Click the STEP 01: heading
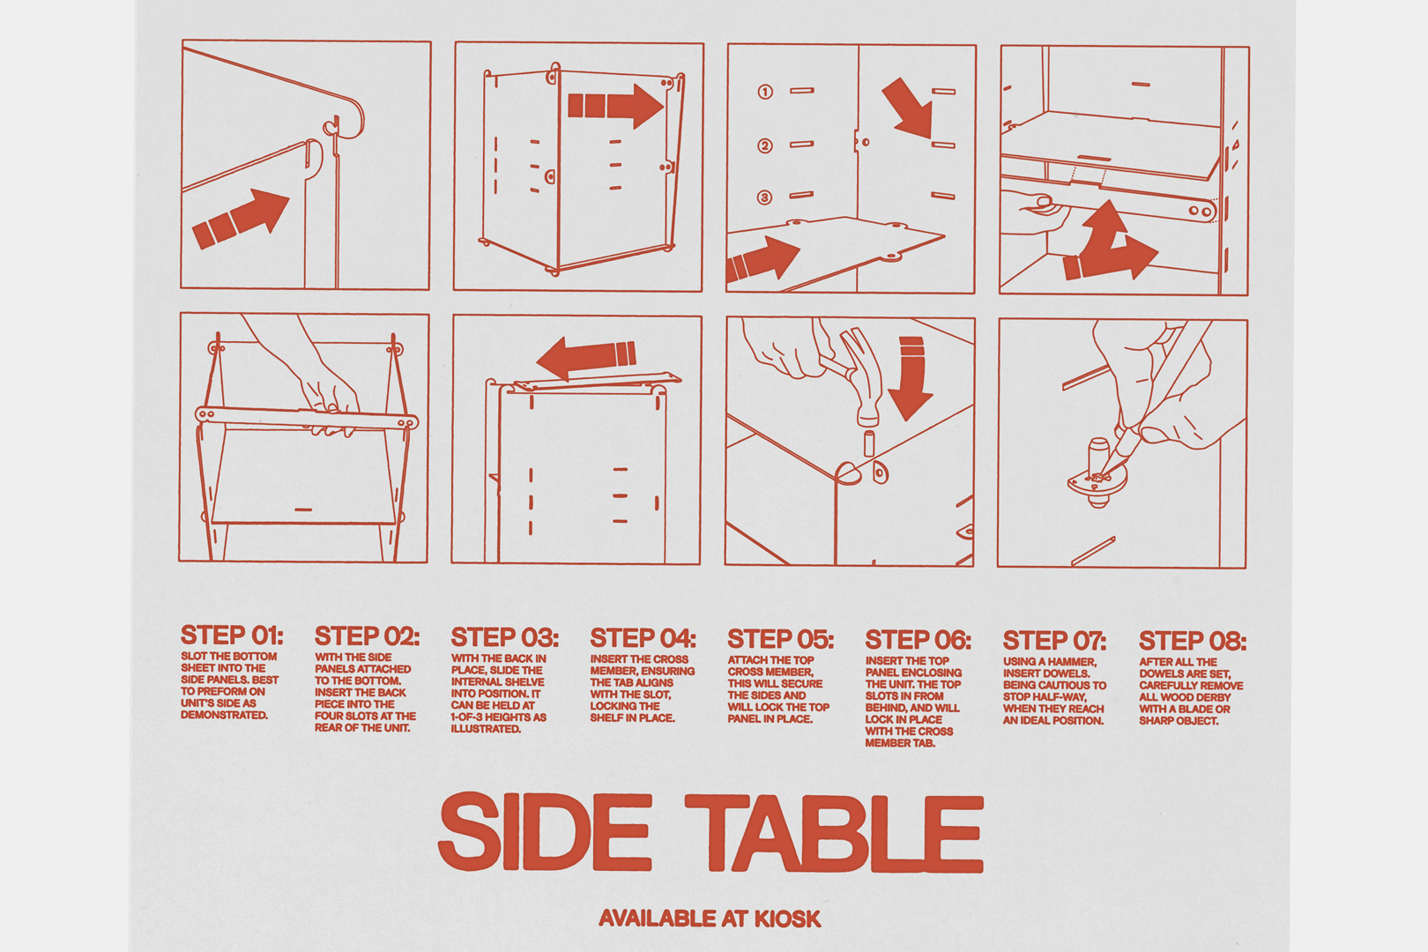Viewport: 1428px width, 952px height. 232,635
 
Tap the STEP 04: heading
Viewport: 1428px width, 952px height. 643,637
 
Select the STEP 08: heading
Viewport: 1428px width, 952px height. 1193,640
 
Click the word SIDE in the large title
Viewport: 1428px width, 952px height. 545,831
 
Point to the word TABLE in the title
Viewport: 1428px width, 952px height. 835,833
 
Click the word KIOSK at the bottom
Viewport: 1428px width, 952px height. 788,919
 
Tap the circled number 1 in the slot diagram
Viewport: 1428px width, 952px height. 765,92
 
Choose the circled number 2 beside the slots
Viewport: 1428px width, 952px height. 765,146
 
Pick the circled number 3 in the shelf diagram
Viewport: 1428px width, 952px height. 764,197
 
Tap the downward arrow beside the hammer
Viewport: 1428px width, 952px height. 911,379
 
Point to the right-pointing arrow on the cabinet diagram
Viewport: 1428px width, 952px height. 616,106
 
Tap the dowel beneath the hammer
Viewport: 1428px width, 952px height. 868,443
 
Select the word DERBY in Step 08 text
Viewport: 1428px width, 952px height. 1209,697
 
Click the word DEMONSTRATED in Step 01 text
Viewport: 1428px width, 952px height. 225,716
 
